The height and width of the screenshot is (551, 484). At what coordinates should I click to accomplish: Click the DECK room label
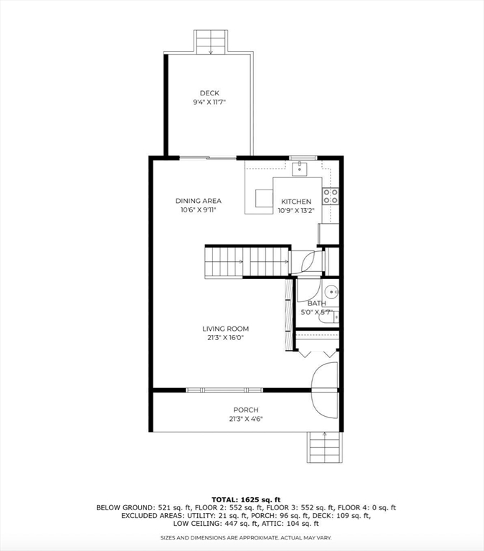point(209,93)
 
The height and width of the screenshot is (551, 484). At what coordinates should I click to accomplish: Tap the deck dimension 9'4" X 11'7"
point(209,103)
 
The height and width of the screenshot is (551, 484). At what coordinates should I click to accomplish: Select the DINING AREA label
point(199,201)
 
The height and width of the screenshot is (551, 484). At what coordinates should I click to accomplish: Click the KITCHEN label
point(296,202)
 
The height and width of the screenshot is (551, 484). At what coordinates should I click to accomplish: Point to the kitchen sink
point(300,169)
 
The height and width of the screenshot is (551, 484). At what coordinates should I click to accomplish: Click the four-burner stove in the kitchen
point(331,196)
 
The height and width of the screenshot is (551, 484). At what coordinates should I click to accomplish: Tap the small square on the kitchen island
point(264,199)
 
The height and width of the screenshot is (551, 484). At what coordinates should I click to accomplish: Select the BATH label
point(317,303)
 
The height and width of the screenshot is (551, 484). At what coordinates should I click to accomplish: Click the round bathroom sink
point(331,292)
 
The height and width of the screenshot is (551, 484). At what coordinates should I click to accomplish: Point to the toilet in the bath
point(328,317)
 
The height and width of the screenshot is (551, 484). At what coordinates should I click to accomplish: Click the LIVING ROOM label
point(225,329)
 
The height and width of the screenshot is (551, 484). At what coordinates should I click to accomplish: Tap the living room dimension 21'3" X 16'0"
point(225,338)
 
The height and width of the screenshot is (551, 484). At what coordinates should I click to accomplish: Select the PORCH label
point(246,410)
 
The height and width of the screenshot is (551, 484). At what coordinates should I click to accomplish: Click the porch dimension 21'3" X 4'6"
point(246,419)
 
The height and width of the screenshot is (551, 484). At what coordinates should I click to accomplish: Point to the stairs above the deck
point(211,42)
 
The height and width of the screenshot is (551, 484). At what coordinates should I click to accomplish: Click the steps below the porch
point(325,448)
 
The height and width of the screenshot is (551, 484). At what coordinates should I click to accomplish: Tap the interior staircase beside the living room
point(247,262)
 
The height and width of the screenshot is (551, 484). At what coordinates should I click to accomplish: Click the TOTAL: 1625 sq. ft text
point(246,499)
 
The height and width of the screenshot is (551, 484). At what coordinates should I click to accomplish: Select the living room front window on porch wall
point(224,390)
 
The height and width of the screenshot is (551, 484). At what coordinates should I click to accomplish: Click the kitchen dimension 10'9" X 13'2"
point(296,211)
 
